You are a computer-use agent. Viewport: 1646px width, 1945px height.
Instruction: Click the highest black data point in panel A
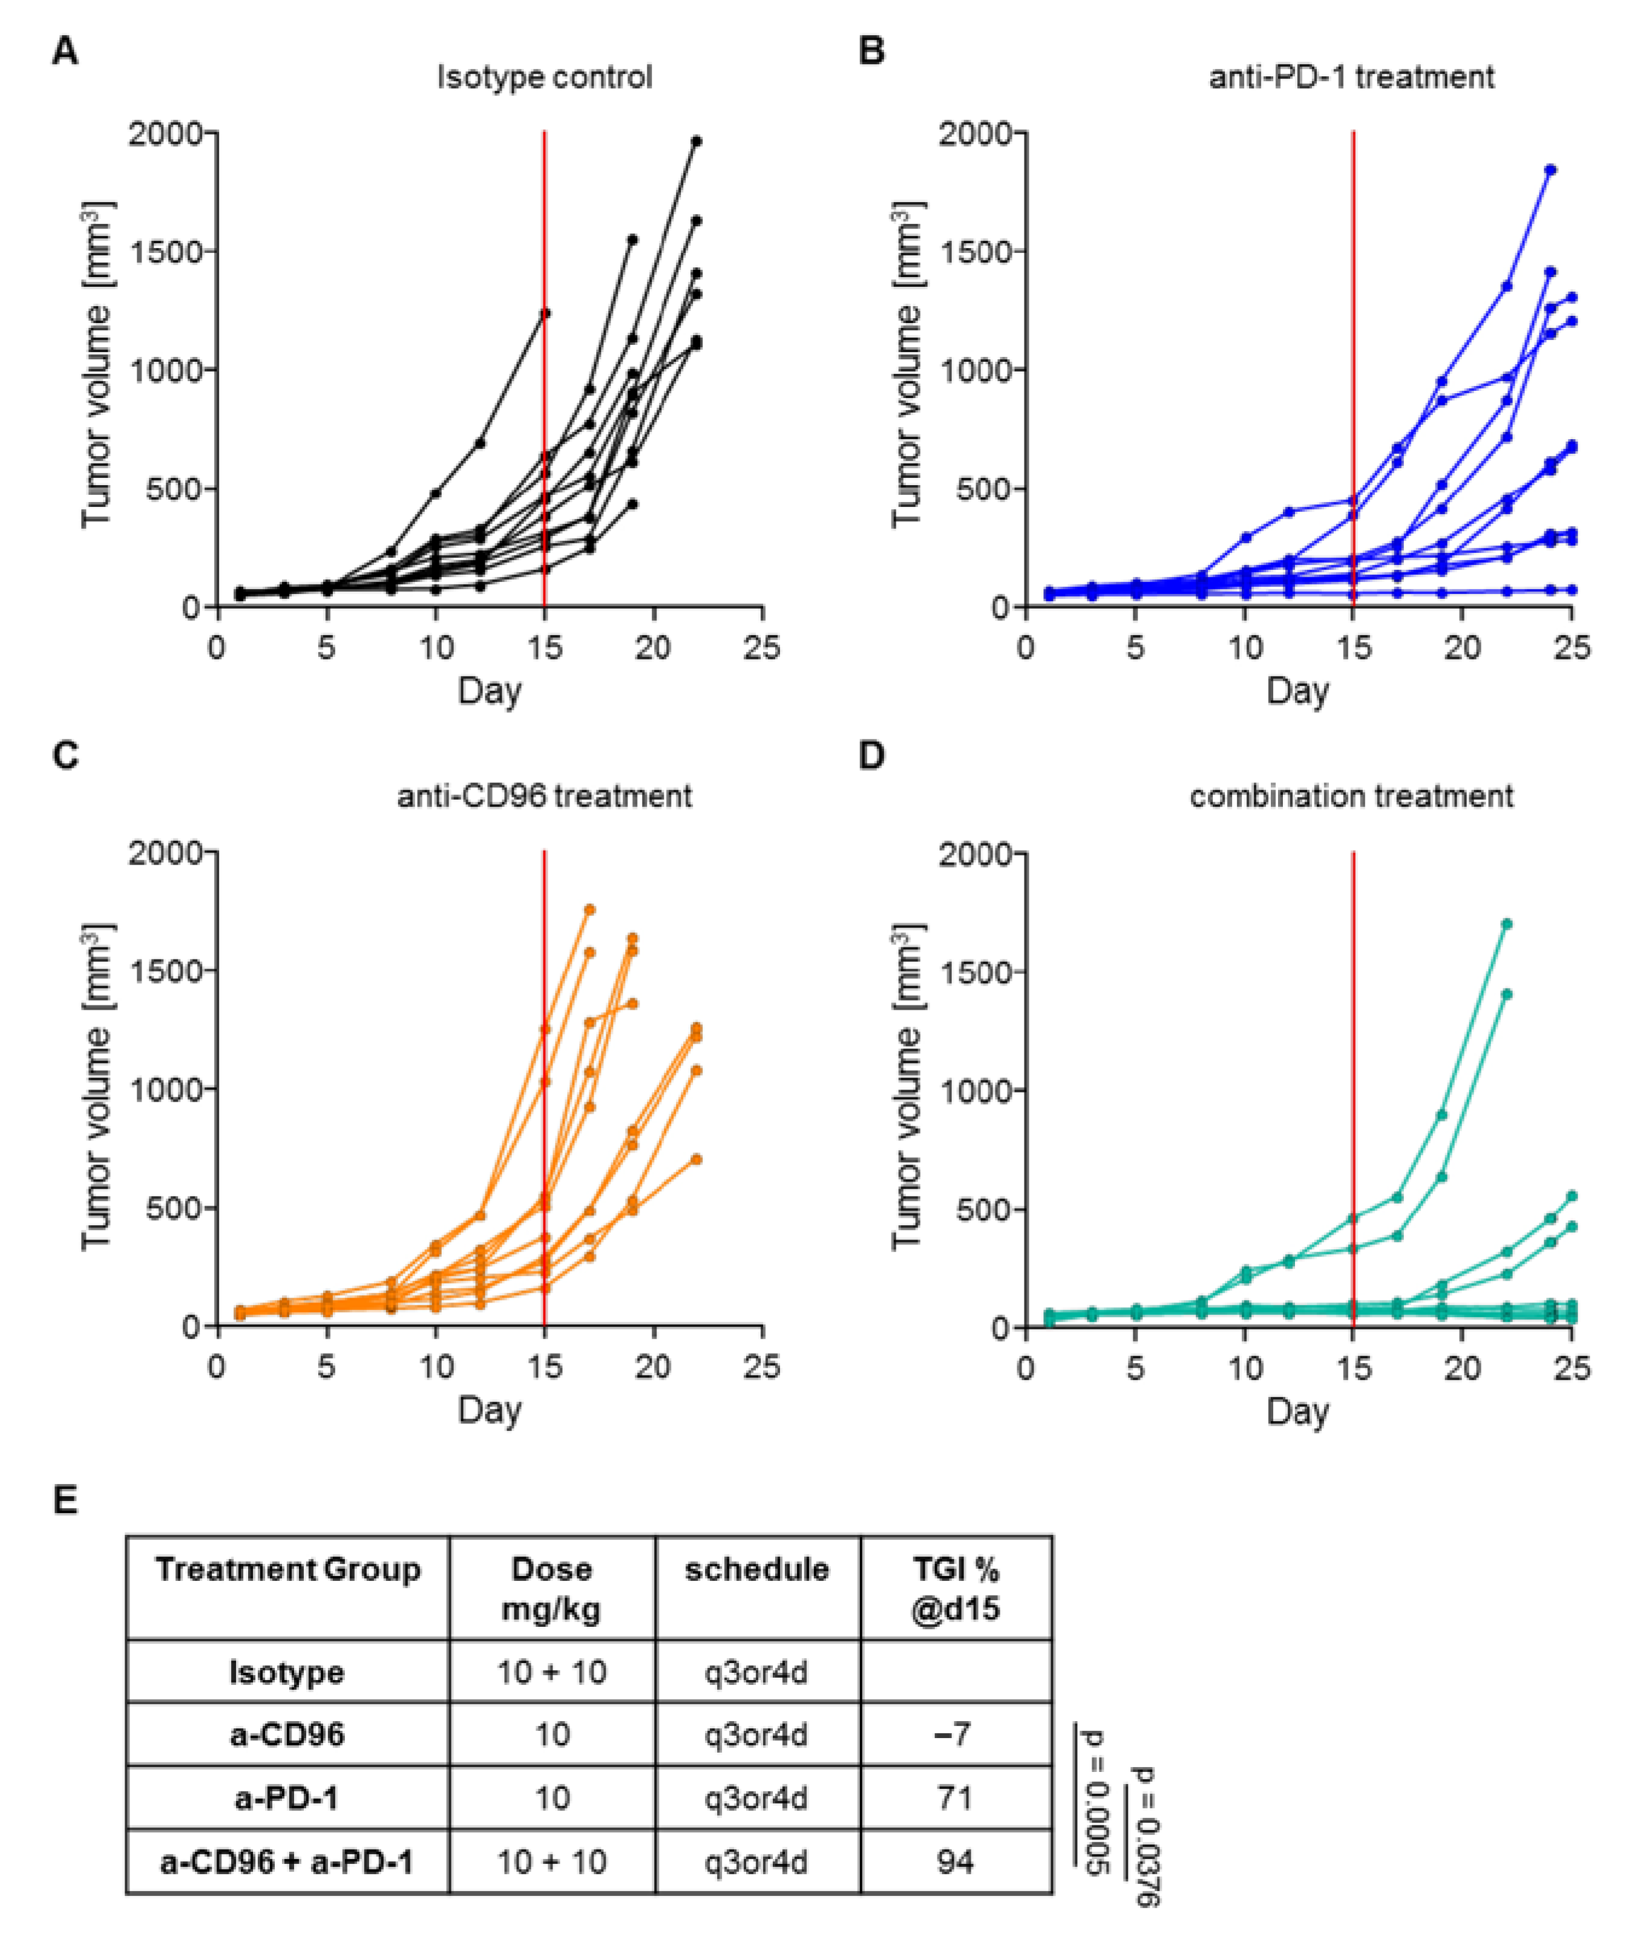696,141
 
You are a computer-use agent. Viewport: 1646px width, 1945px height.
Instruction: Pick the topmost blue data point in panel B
1551,170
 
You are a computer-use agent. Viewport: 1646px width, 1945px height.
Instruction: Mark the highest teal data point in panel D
1506,924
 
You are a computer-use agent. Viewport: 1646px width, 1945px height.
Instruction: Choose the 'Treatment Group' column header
287,1569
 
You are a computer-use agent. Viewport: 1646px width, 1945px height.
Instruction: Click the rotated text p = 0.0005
1094,1800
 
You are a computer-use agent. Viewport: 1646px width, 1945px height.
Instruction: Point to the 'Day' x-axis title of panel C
489,1410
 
